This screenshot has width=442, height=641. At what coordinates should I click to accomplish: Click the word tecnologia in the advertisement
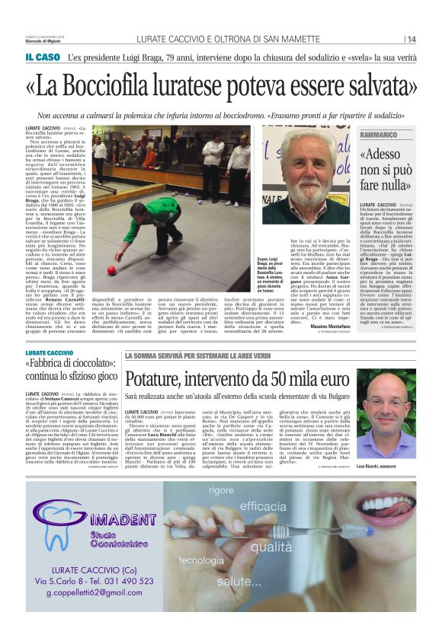[x=201, y=561]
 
